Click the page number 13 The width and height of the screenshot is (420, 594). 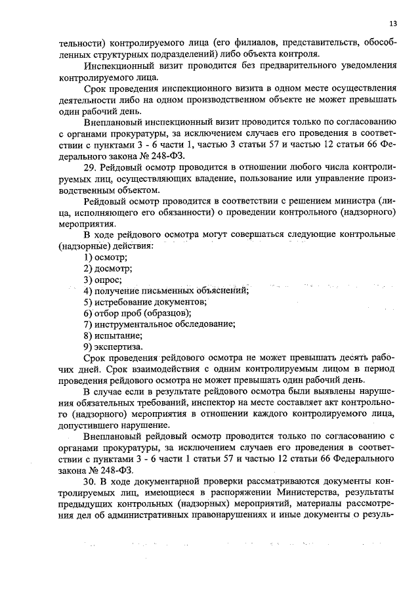coord(392,23)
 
